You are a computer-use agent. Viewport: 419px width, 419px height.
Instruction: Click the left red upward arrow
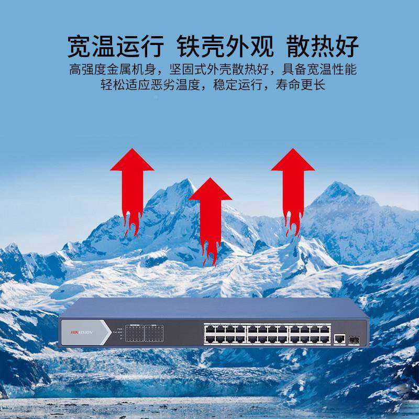(x=132, y=189)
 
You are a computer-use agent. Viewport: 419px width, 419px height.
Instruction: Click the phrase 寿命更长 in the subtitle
(x=303, y=85)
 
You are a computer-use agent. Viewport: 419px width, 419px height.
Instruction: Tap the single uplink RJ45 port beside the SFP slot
(x=339, y=339)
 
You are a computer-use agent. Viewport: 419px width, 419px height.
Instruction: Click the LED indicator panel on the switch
(x=144, y=333)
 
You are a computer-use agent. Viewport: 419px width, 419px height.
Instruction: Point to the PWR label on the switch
(x=119, y=328)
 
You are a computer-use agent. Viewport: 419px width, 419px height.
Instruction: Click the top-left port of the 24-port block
(x=209, y=328)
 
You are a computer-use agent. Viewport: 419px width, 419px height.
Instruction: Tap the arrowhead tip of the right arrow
(x=292, y=150)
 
